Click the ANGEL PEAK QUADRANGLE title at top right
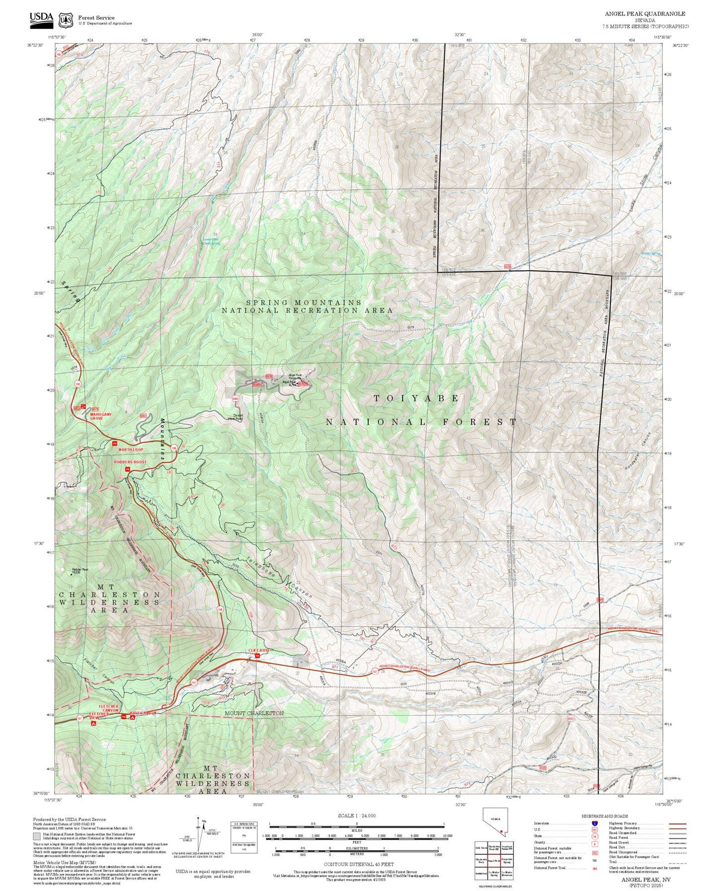pos(644,14)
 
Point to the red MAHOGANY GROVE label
pos(101,416)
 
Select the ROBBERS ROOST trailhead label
pos(130,462)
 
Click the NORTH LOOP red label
pos(131,449)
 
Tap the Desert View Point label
pos(235,418)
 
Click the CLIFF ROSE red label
pos(259,650)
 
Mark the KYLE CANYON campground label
pos(143,713)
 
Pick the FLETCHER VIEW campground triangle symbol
pos(93,723)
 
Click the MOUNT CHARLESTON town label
pos(254,713)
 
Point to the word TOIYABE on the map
pos(416,398)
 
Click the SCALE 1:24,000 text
pos(356,816)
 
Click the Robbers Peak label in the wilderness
pos(80,570)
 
